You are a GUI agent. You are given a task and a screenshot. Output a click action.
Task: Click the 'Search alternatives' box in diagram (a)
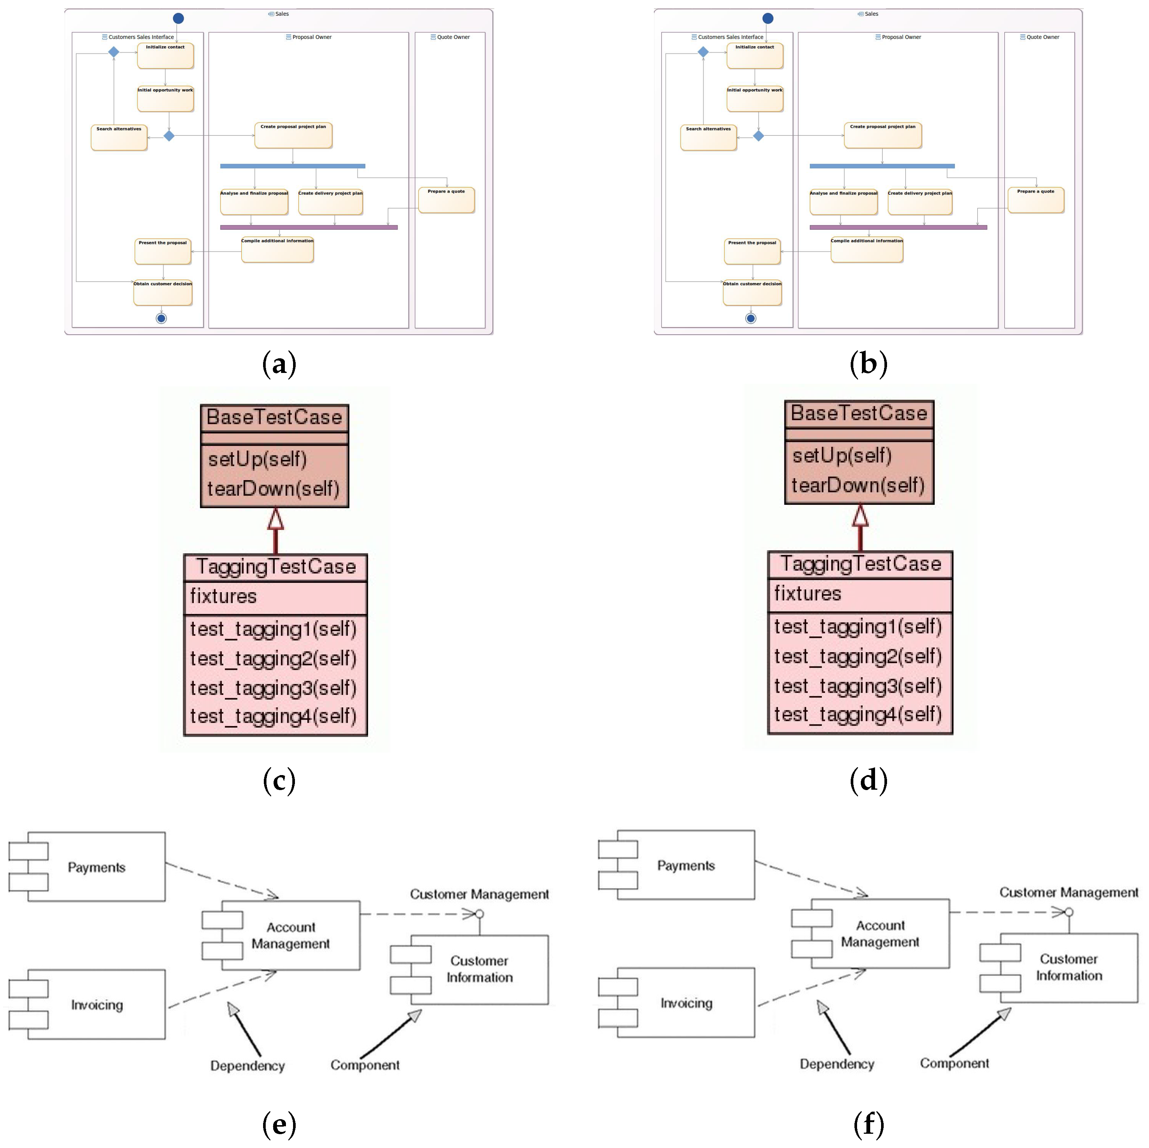point(119,138)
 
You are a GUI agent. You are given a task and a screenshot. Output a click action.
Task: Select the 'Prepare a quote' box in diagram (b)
point(1035,200)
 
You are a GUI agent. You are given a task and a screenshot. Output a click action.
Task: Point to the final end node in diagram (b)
point(751,318)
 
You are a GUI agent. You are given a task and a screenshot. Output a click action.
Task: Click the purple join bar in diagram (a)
point(309,227)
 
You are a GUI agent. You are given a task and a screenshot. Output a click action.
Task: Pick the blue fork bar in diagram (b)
point(882,166)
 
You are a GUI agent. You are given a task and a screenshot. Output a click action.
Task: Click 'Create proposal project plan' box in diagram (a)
point(293,136)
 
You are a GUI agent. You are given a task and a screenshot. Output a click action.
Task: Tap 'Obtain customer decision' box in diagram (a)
point(162,293)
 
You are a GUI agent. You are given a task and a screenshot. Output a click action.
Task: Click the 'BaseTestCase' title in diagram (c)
point(274,418)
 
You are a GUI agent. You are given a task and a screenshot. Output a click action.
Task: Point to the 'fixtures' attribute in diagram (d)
point(807,594)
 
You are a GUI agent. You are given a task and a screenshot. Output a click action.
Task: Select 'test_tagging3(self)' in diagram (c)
point(273,688)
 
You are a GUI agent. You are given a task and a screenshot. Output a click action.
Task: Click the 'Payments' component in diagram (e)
point(96,867)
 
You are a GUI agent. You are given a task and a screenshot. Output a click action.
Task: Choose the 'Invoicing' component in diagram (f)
point(686,1003)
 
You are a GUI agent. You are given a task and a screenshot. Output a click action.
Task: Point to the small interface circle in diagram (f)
point(1069,912)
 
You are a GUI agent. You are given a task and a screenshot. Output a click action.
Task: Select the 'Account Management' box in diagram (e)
point(290,935)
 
